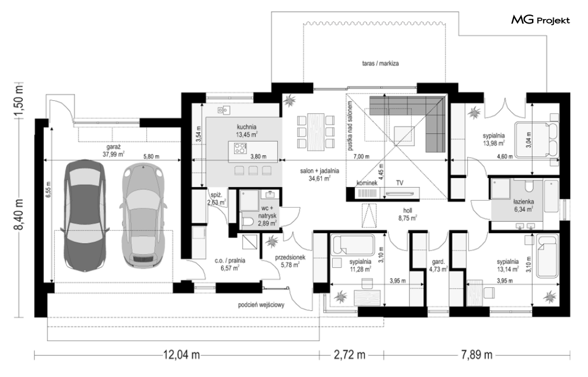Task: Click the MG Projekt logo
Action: pyautogui.click(x=540, y=20)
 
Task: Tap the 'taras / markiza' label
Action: pyautogui.click(x=380, y=63)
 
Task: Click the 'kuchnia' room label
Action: pyautogui.click(x=246, y=127)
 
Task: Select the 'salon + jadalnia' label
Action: pyautogui.click(x=319, y=171)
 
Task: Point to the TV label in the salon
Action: pyautogui.click(x=400, y=183)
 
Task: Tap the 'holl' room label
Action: pyautogui.click(x=408, y=211)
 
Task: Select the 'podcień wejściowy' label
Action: pyautogui.click(x=261, y=305)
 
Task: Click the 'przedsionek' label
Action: pyautogui.click(x=290, y=258)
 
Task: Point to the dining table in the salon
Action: pyautogui.click(x=315, y=132)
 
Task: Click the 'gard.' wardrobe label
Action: pyautogui.click(x=438, y=262)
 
